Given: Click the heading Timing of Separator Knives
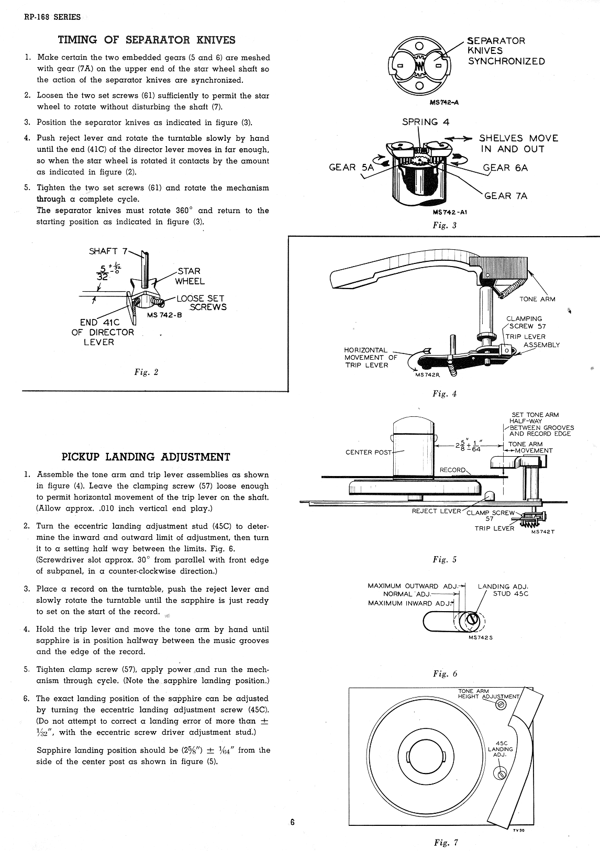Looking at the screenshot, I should pos(147,40).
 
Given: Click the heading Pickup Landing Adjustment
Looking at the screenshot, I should pos(146,457).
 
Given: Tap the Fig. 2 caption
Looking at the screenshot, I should pos(146,372).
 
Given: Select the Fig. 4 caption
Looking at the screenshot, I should pos(445,394).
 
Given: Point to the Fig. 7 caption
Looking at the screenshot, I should pos(446,843).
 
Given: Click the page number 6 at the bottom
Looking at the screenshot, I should pos(293,822).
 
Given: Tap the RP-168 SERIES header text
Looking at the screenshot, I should pos(52,17).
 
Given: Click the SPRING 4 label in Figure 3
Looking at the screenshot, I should pos(425,122).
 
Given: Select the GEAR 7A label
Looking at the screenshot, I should pos(505,196).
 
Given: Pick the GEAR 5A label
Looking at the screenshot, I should pos(351,168).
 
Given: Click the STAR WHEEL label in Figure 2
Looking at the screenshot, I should pos(190,276).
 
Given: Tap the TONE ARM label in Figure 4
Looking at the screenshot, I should pos(537,299).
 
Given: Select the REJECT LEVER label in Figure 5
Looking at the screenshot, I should pos(436,511).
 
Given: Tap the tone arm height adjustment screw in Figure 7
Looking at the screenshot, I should pos(501,705).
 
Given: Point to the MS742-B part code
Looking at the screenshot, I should pos(164,315).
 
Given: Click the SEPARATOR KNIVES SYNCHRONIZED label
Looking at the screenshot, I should pos(506,51).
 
